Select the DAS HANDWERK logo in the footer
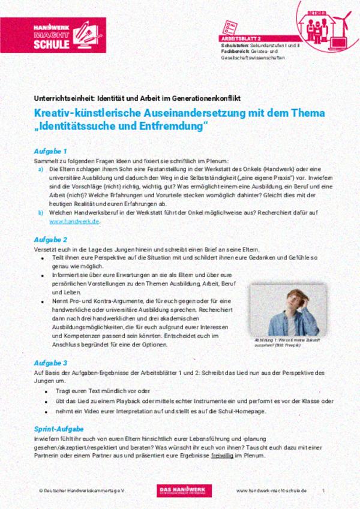(180, 490)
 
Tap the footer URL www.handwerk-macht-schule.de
(271, 490)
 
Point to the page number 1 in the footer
(323, 490)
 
